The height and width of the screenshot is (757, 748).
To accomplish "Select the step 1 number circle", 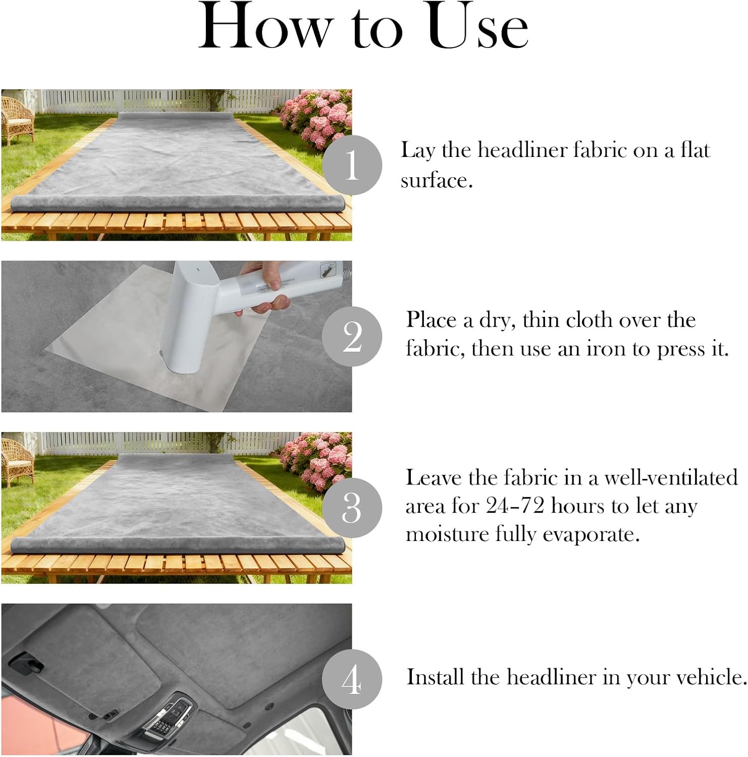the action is (x=352, y=165).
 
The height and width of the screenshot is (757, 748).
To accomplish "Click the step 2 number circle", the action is (x=352, y=337).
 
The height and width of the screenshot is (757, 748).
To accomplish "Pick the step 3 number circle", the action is (x=352, y=508).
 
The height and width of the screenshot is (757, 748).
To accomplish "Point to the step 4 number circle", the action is (x=352, y=679).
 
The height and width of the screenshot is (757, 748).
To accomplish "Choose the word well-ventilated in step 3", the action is (x=671, y=477).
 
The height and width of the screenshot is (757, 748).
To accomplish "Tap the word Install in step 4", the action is (x=436, y=677).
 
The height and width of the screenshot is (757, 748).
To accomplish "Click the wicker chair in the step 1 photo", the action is (x=17, y=119).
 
